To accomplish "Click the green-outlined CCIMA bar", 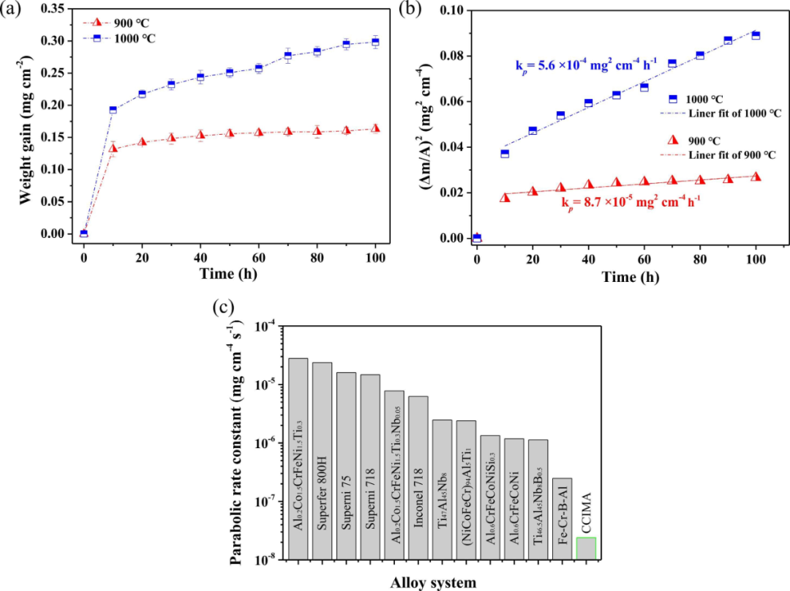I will (587, 549).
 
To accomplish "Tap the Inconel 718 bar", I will (418, 477).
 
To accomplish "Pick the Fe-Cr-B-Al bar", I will (563, 518).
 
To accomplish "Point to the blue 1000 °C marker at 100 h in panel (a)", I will (376, 42).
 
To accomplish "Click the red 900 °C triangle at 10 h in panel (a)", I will (113, 148).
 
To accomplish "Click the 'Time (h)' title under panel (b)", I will (616, 278).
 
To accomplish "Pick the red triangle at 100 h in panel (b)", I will (756, 176).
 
